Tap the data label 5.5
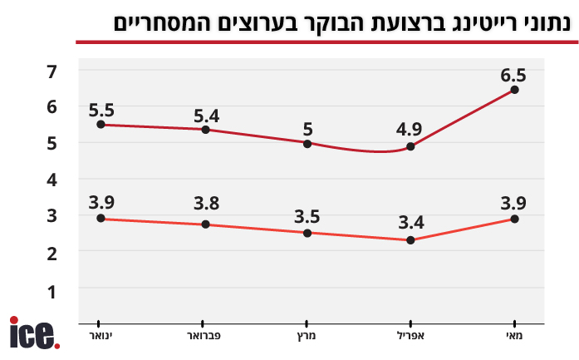[x=101, y=109]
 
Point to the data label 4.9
[x=410, y=131]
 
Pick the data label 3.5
[x=307, y=217]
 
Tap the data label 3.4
[x=410, y=223]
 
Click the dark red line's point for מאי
[x=515, y=90]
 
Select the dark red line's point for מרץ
[x=307, y=143]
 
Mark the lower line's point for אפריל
[x=410, y=240]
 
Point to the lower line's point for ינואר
[x=101, y=219]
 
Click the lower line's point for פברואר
[x=204, y=224]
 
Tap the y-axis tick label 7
[x=52, y=71]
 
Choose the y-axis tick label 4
[x=52, y=180]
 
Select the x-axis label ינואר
[x=101, y=335]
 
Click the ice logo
[x=34, y=333]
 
